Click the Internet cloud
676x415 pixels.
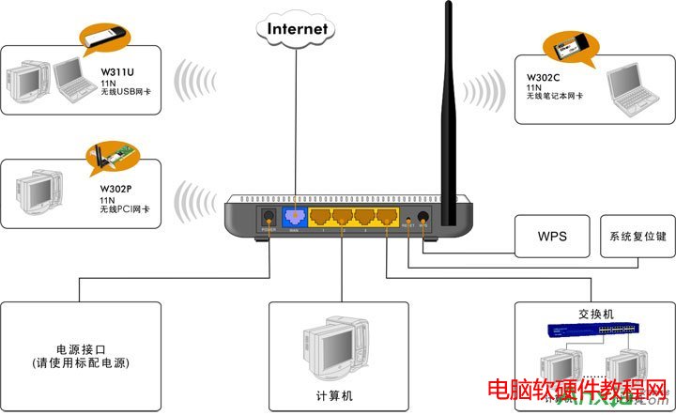(x=298, y=28)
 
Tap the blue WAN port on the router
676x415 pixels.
(x=295, y=218)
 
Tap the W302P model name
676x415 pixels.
(x=116, y=188)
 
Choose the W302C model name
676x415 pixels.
(x=544, y=67)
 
